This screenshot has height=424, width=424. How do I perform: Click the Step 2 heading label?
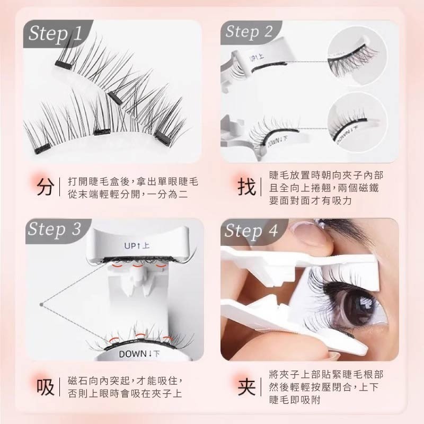click(x=249, y=32)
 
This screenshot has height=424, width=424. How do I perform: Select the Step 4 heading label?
click(x=251, y=232)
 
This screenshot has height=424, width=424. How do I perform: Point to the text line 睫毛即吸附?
click(x=295, y=400)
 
